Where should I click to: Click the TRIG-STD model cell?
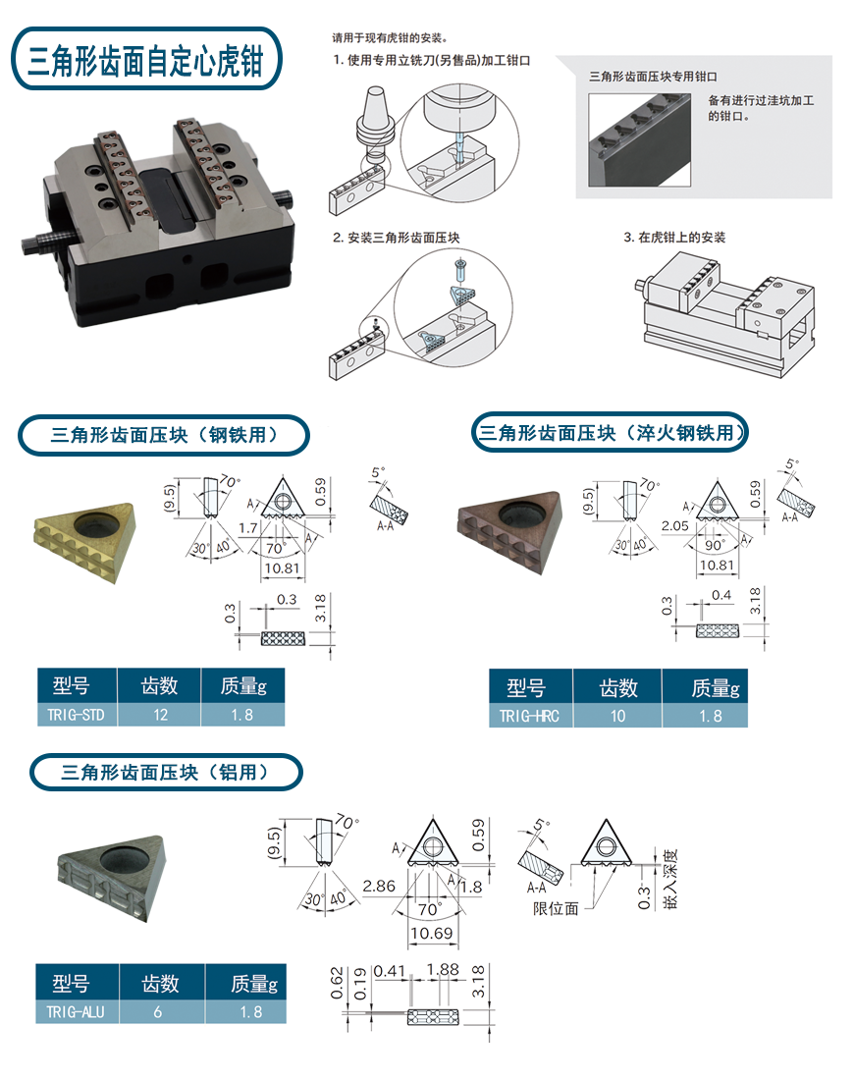point(76,715)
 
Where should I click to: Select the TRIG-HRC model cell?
point(529,716)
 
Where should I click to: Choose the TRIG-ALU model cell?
point(76,1011)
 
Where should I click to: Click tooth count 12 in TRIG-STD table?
point(159,715)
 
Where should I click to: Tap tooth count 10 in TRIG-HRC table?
point(616,716)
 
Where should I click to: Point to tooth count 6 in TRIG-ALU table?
point(159,1011)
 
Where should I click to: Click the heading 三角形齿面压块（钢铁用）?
point(164,434)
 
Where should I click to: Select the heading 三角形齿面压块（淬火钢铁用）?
point(609,432)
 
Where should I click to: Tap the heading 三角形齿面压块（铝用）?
point(165,772)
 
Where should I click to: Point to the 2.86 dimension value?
point(379,886)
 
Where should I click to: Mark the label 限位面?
point(556,908)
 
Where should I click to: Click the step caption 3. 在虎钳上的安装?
point(674,238)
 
